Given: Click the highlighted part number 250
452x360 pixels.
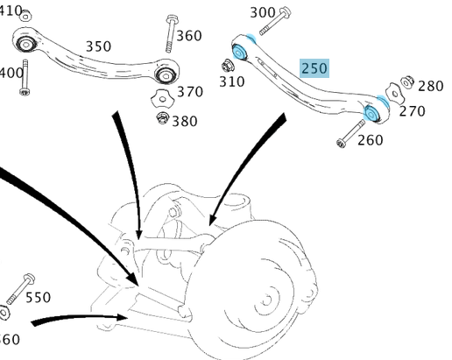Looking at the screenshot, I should click(x=314, y=68).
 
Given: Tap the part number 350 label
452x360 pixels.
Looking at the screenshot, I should click(x=98, y=46).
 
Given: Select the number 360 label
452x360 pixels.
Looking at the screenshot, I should click(x=188, y=36).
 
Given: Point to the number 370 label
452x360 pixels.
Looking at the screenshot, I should click(x=190, y=91).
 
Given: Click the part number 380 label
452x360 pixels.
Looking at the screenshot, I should click(x=184, y=121).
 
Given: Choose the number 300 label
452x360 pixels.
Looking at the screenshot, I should click(x=263, y=12).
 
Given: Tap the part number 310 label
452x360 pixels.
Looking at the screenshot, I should click(x=231, y=81).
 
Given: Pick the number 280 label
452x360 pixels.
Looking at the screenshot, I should click(x=430, y=86).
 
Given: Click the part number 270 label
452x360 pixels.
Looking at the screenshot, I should click(x=411, y=111).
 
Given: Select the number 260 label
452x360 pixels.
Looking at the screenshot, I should click(x=370, y=139).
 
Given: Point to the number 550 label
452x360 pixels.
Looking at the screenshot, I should click(x=38, y=298).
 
